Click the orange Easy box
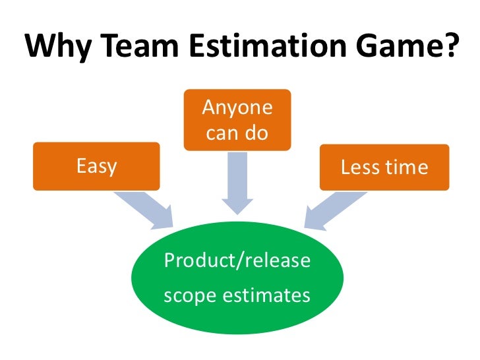pos(97,167)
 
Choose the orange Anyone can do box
pos(237,119)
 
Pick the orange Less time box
pos(384,167)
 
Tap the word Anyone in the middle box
pos(237,107)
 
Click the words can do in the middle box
pos(237,133)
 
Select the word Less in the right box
pos(359,167)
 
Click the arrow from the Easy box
pos(144,208)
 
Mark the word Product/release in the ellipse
pos(237,261)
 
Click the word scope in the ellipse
pos(186,295)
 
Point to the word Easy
pos(97,167)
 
